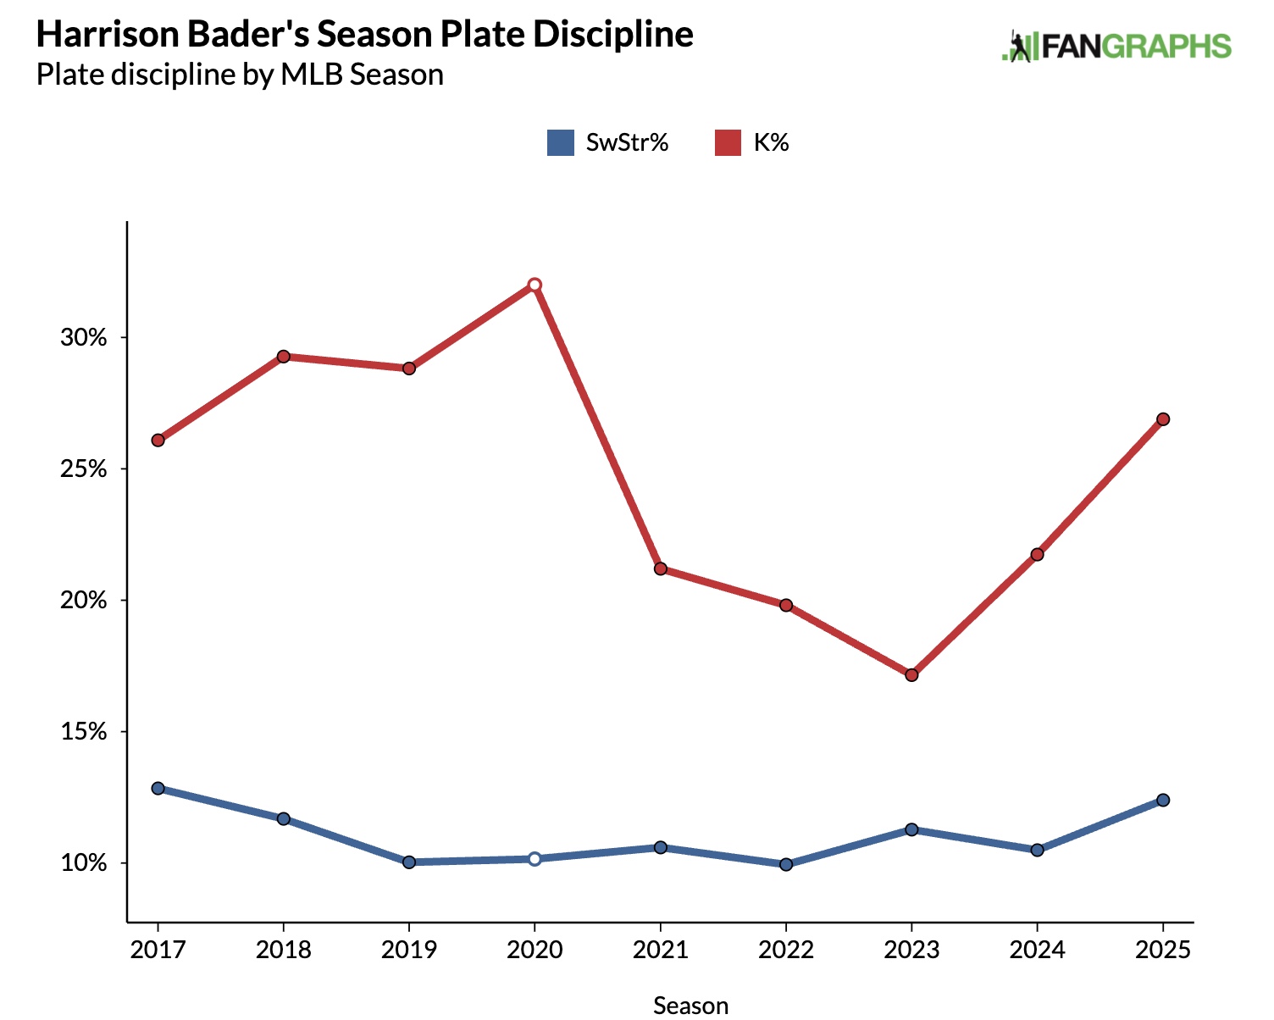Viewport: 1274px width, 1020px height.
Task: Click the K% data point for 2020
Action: coord(535,285)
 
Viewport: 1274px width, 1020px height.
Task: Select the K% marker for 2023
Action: coord(911,675)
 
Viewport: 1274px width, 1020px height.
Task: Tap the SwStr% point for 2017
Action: coord(158,788)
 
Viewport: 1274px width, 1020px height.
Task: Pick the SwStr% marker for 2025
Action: coord(1163,800)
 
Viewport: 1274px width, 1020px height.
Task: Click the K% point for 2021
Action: coord(661,568)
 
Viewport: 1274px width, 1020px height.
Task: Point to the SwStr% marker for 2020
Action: coord(535,859)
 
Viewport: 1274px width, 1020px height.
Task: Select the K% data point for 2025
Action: coord(1163,419)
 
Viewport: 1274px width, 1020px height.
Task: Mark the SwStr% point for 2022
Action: coord(786,864)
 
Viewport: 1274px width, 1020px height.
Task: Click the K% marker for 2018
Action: coord(284,357)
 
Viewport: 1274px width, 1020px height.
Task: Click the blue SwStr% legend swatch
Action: coord(561,142)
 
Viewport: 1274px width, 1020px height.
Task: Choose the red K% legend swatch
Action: coord(728,142)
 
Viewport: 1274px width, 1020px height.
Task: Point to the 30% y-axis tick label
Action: coord(84,338)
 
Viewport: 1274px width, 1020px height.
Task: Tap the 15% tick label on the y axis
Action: coord(84,732)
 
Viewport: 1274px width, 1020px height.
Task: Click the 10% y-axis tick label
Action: coord(84,863)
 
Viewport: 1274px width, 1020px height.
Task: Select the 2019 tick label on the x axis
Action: coord(409,950)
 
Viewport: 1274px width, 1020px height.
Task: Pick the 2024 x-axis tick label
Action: coord(1037,950)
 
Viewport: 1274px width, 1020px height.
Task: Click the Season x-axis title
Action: coord(690,1006)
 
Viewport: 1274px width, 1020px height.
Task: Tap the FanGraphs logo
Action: coord(1116,47)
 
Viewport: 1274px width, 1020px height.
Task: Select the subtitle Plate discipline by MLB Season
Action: coord(240,75)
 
